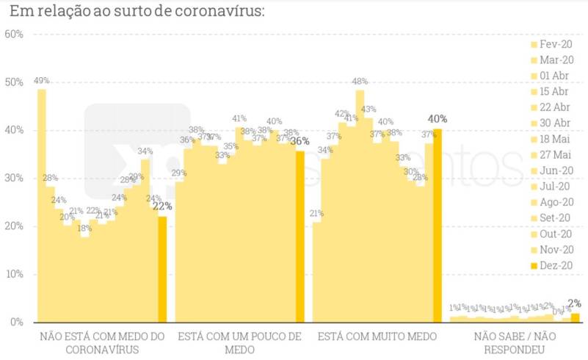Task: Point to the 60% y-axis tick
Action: click(x=14, y=35)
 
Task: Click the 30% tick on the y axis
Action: click(x=14, y=179)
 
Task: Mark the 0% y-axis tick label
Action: click(x=16, y=323)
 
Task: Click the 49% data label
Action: click(x=41, y=81)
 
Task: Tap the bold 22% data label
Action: click(x=162, y=207)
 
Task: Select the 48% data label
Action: click(x=360, y=82)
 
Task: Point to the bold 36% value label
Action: click(x=300, y=142)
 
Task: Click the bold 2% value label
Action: click(x=575, y=303)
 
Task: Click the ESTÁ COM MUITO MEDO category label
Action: click(x=377, y=336)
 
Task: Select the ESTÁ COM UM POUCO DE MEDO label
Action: click(x=239, y=343)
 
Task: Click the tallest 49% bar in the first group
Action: click(x=42, y=206)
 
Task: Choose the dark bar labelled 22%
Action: click(x=162, y=269)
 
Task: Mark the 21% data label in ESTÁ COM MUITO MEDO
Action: click(x=316, y=214)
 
